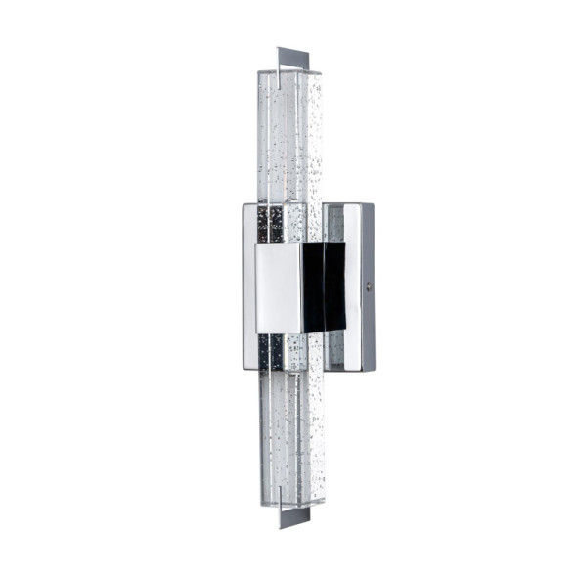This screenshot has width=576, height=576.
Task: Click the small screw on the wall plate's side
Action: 367,286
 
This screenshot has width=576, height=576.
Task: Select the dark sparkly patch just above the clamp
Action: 271,222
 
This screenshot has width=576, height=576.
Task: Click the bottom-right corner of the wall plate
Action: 373,370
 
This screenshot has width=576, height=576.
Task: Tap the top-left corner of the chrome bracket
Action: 243,204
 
